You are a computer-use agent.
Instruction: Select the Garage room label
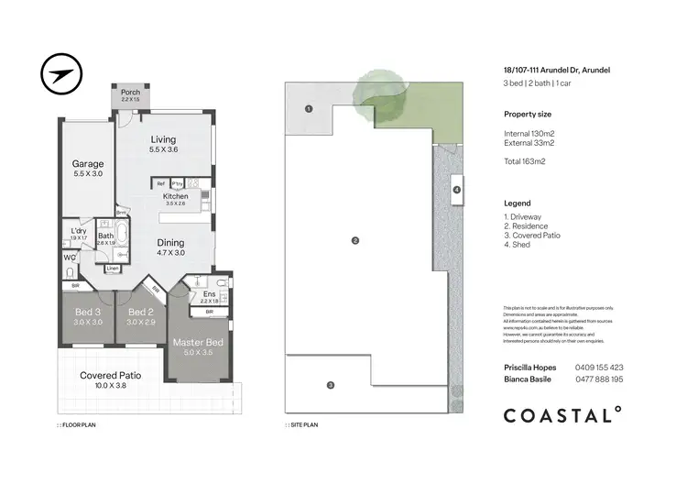(x=88, y=164)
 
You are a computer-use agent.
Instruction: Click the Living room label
(x=163, y=139)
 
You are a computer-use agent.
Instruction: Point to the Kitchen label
(x=176, y=196)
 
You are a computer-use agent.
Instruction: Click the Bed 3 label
(x=89, y=312)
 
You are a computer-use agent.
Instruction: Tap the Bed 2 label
(x=141, y=312)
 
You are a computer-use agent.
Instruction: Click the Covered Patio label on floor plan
(x=110, y=376)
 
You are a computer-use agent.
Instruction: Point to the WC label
(x=70, y=258)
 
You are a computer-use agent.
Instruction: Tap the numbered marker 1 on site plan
(x=309, y=108)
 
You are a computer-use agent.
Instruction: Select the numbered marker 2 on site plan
(x=354, y=240)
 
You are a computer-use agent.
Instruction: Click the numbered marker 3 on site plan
(x=331, y=384)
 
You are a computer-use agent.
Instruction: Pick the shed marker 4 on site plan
(x=456, y=191)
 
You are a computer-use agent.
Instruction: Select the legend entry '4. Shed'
(x=520, y=246)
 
